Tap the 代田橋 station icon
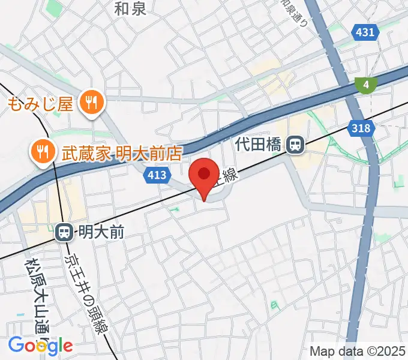coord(294,145)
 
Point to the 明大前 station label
coord(100,232)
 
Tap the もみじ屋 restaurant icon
coord(91,103)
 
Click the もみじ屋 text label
coord(40,104)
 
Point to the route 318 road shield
coord(361,127)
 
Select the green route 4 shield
coord(365,85)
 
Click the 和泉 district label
coord(131,8)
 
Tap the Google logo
coord(40,345)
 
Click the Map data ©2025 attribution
coord(357,350)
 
